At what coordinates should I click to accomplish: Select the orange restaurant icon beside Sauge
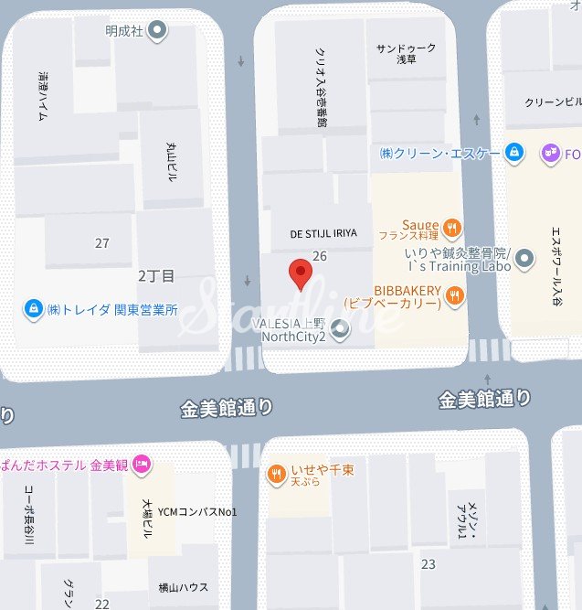(x=450, y=227)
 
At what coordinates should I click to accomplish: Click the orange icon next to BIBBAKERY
(x=455, y=294)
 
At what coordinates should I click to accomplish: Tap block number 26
(x=320, y=256)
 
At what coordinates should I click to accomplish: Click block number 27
(x=101, y=243)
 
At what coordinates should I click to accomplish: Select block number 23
(x=428, y=564)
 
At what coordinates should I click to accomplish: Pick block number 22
(x=101, y=604)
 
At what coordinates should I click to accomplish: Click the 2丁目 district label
(x=156, y=274)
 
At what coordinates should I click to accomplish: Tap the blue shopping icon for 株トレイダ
(x=34, y=310)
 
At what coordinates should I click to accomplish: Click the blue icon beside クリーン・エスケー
(x=514, y=151)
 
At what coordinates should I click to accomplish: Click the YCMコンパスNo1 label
(x=197, y=511)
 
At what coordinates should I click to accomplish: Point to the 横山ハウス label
(x=184, y=587)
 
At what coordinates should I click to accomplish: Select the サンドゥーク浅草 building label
(x=406, y=53)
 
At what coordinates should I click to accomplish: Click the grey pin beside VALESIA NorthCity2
(x=341, y=329)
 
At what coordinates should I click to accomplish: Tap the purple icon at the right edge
(x=550, y=152)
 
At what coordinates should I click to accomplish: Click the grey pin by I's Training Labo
(x=524, y=260)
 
